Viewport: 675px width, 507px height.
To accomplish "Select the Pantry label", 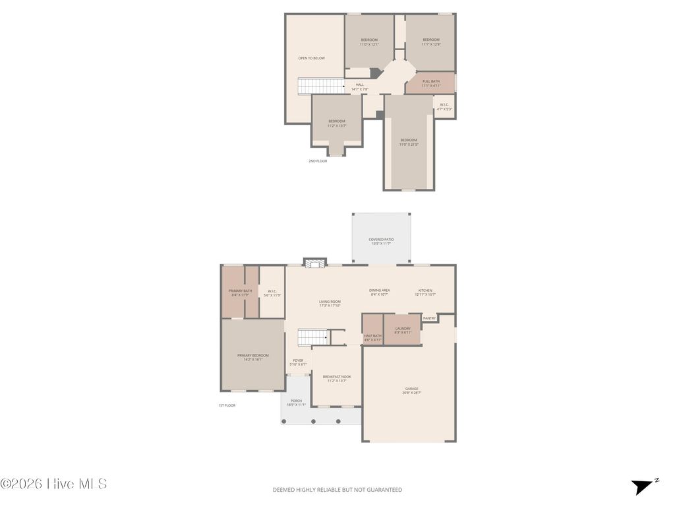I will [x=429, y=318].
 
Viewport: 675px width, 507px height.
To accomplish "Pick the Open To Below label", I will [x=311, y=58].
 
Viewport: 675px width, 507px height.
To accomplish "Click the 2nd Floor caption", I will [x=318, y=161].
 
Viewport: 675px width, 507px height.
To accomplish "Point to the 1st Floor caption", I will [x=227, y=405].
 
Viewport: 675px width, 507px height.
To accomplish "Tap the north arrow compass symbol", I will [x=642, y=487].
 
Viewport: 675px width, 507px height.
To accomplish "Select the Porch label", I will [x=296, y=403].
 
